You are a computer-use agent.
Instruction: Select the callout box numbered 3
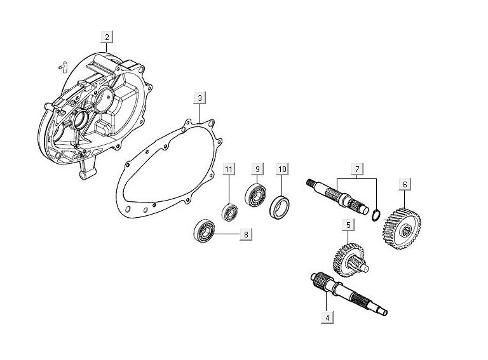200,98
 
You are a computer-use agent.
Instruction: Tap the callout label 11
229,169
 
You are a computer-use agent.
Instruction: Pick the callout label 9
257,169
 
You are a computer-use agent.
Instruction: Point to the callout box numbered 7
358,169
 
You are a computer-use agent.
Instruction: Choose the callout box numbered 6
403,185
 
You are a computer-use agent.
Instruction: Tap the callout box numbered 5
348,224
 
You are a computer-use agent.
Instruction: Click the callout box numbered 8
246,234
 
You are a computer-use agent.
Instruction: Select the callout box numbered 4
327,317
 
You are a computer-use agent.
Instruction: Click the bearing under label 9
256,196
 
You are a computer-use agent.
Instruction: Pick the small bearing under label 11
229,212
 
